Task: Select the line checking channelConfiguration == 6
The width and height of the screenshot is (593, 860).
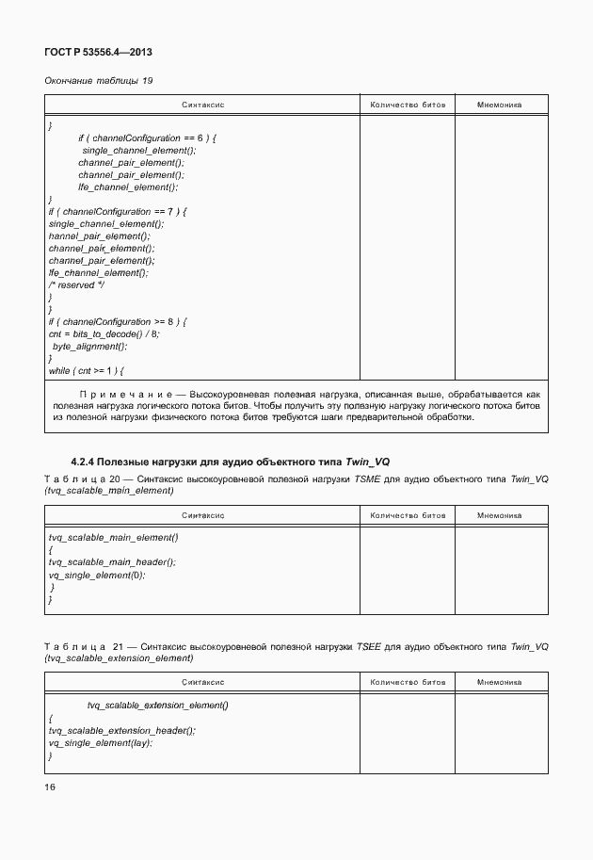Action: pos(147,138)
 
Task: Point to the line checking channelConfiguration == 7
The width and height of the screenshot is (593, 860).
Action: pos(118,212)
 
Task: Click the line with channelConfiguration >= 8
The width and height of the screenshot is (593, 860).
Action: pos(118,322)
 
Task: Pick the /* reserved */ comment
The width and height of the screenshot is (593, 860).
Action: pos(76,285)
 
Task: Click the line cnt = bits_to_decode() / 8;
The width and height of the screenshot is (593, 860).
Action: pos(104,334)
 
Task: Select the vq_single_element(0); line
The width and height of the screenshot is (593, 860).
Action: pos(97,575)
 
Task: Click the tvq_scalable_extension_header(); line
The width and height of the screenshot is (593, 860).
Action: pos(122,730)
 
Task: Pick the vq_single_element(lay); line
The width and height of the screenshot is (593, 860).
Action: pos(100,742)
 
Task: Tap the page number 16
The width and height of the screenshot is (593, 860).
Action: pos(51,787)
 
